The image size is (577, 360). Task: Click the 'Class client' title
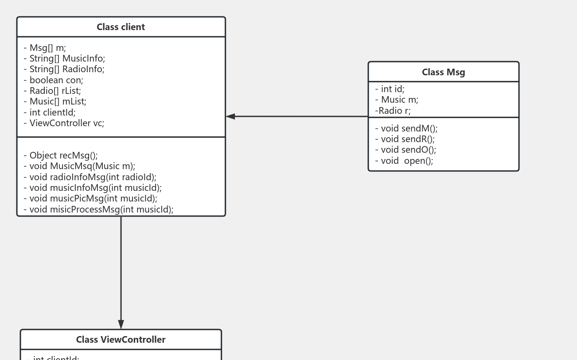click(121, 27)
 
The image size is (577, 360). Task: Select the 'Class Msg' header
click(443, 72)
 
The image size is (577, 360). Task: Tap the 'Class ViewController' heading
click(121, 340)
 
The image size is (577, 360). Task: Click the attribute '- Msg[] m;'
click(45, 48)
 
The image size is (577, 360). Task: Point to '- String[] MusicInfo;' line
click(64, 58)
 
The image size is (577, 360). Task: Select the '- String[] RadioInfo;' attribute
click(64, 69)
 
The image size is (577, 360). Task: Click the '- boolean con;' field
click(53, 80)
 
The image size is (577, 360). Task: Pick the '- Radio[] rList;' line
click(52, 91)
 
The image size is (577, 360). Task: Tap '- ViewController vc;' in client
click(64, 123)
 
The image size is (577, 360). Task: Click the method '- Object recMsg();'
click(61, 155)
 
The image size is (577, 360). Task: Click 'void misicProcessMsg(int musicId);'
click(98, 209)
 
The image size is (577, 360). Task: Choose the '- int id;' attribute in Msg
click(390, 89)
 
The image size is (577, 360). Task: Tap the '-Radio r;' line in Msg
click(393, 111)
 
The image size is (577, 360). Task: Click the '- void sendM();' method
click(406, 128)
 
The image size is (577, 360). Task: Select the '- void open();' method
click(404, 161)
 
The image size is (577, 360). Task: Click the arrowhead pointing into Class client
click(230, 116)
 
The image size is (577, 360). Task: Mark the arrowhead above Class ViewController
click(121, 324)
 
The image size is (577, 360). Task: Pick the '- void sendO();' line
click(405, 150)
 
